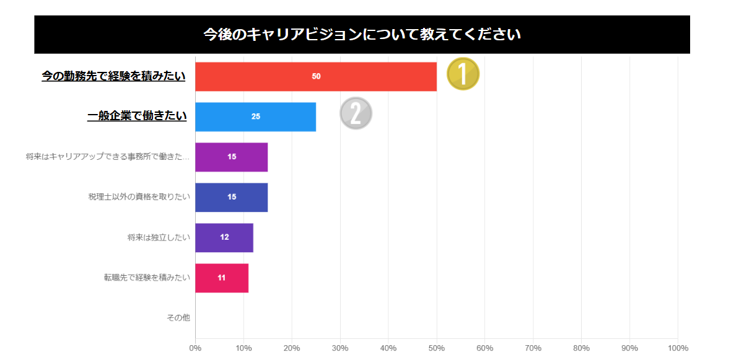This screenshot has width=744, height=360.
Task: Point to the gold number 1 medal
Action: [463, 74]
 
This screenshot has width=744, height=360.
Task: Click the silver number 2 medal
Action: [356, 113]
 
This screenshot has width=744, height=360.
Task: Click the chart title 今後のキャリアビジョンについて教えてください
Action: [362, 34]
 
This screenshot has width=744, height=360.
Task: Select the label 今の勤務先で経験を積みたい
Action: [113, 76]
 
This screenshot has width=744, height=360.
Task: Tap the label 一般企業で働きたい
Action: [137, 116]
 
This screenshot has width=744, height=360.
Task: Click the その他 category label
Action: [178, 318]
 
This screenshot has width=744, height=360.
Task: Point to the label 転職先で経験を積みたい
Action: [147, 278]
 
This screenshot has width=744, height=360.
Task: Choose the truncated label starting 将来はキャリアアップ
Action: [108, 157]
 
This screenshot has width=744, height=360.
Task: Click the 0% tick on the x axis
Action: [195, 348]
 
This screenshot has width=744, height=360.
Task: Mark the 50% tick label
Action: [437, 348]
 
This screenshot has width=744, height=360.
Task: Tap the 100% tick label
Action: [678, 348]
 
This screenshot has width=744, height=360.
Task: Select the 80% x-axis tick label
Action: [581, 348]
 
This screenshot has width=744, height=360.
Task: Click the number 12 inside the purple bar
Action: [224, 237]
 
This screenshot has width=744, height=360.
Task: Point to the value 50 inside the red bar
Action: [316, 76]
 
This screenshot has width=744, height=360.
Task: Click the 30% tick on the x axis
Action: [340, 348]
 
